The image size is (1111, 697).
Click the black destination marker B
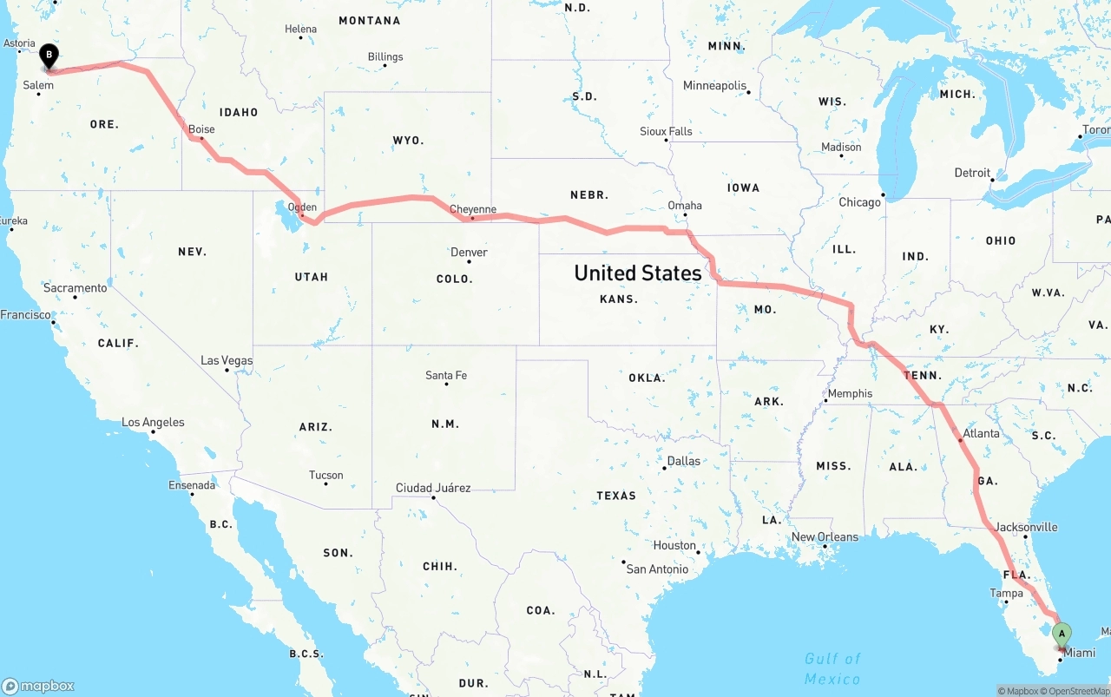(49, 57)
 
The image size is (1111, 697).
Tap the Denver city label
(469, 253)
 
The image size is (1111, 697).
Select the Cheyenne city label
(473, 209)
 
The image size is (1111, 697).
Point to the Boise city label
(201, 129)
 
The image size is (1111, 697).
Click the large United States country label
(638, 273)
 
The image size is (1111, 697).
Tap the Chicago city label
(859, 202)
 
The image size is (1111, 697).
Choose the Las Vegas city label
(227, 360)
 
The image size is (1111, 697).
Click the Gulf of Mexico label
(832, 668)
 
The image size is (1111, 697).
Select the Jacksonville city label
(1026, 527)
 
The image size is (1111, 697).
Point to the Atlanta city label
(981, 433)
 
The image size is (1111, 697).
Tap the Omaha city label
(685, 206)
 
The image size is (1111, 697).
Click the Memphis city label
(850, 393)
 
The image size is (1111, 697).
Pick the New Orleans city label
(825, 536)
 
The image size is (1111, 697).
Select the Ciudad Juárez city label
(433, 488)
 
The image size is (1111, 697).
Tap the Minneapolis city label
(714, 86)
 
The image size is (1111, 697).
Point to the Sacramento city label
(76, 288)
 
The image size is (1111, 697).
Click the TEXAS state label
(616, 496)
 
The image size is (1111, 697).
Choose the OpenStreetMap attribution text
(1078, 691)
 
